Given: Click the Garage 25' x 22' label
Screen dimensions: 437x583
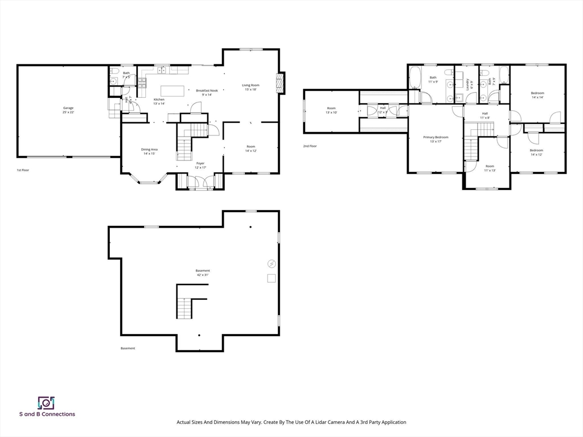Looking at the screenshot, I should pyautogui.click(x=68, y=110).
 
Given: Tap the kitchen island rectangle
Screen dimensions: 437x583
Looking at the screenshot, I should pyautogui.click(x=173, y=91).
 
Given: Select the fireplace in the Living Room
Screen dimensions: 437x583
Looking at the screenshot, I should pyautogui.click(x=279, y=83).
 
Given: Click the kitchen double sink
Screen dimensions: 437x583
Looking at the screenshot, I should pyautogui.click(x=162, y=70).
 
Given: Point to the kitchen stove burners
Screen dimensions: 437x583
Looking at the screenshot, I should pyautogui.click(x=142, y=83).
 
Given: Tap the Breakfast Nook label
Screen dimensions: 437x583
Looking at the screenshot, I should pyautogui.click(x=207, y=90).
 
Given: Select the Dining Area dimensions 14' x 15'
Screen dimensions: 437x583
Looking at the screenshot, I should pyautogui.click(x=149, y=154).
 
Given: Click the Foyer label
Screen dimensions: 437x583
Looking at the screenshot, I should pyautogui.click(x=200, y=163).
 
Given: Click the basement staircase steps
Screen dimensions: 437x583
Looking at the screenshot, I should pyautogui.click(x=184, y=309).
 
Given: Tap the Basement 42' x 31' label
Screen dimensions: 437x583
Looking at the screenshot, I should pyautogui.click(x=203, y=273).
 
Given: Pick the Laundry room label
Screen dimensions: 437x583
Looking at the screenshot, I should pyautogui.click(x=469, y=84).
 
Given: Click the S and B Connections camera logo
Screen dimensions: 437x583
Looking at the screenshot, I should pyautogui.click(x=46, y=403).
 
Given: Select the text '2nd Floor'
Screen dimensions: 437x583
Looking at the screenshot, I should pyautogui.click(x=310, y=146).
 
